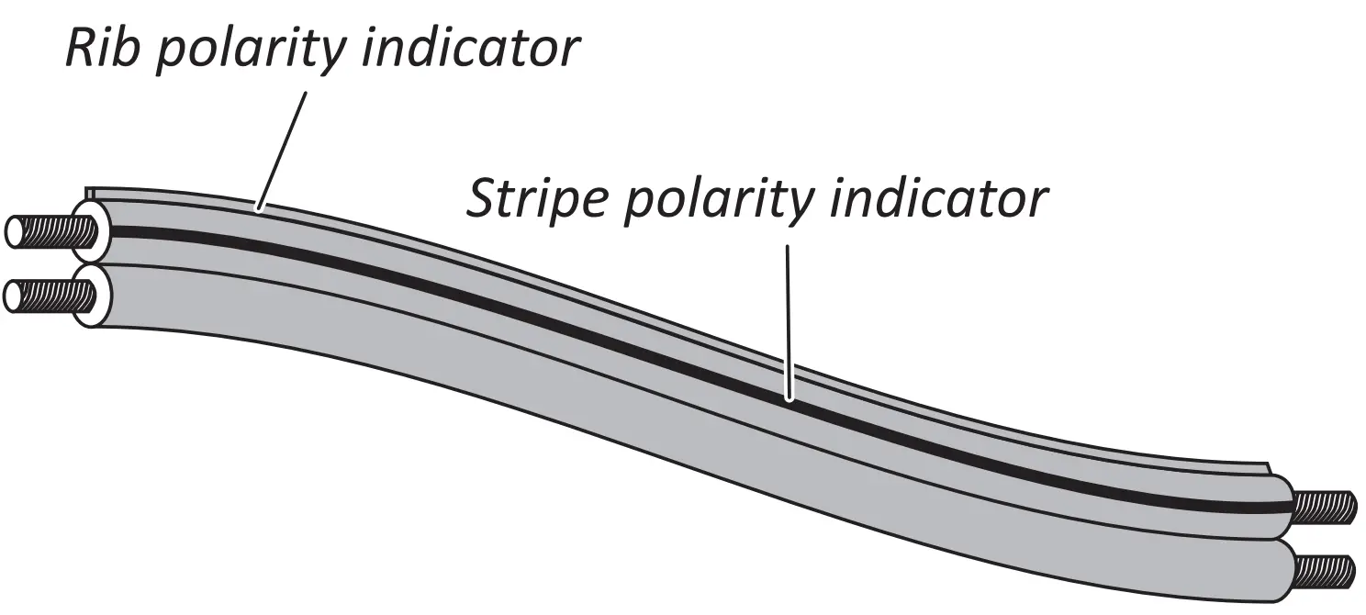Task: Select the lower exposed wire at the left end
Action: [x=46, y=296]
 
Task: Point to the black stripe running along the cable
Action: [x=551, y=312]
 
